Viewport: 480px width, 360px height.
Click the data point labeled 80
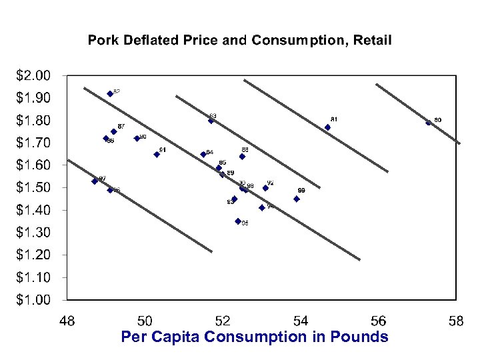point(429,122)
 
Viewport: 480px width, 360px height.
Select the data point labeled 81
point(327,127)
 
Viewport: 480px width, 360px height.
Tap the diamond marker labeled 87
point(113,131)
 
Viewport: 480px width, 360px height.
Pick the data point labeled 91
point(157,154)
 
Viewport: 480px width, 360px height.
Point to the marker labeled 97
point(95,181)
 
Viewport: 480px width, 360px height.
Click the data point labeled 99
point(297,199)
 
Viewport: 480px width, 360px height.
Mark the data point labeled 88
point(242,157)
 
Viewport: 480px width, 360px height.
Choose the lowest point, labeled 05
point(238,221)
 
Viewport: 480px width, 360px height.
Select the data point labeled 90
point(137,139)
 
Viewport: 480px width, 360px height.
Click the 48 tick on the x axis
point(67,322)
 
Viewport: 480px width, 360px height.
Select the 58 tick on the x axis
point(456,322)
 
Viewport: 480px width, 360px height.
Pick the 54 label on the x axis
point(301,322)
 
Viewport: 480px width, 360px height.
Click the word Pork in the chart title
point(102,41)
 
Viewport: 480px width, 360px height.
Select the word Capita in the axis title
point(176,337)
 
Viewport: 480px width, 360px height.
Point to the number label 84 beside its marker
point(209,153)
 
